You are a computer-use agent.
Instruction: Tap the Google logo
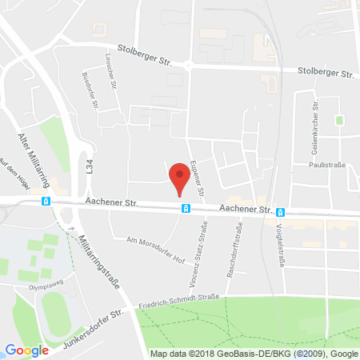click(x=26, y=350)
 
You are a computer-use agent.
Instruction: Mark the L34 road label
click(x=90, y=166)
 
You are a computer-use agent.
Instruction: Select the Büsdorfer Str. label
click(x=90, y=91)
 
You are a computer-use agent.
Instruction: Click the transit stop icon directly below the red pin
click(x=186, y=209)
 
